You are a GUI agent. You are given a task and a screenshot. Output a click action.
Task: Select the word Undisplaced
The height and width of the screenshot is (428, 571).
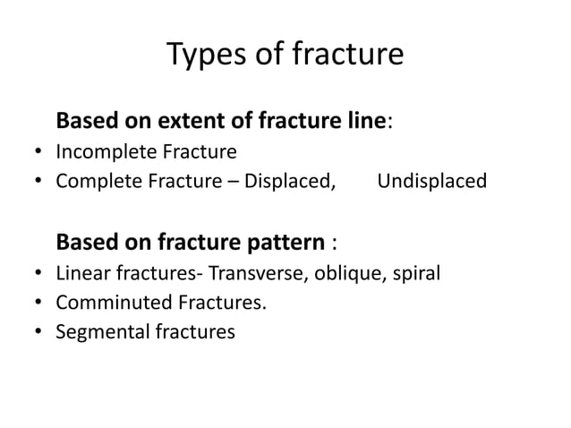tap(432, 182)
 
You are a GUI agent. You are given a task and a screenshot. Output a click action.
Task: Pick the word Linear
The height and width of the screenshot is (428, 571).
tap(81, 273)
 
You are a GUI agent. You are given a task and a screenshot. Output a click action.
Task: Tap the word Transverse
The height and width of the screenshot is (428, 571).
tap(251, 273)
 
